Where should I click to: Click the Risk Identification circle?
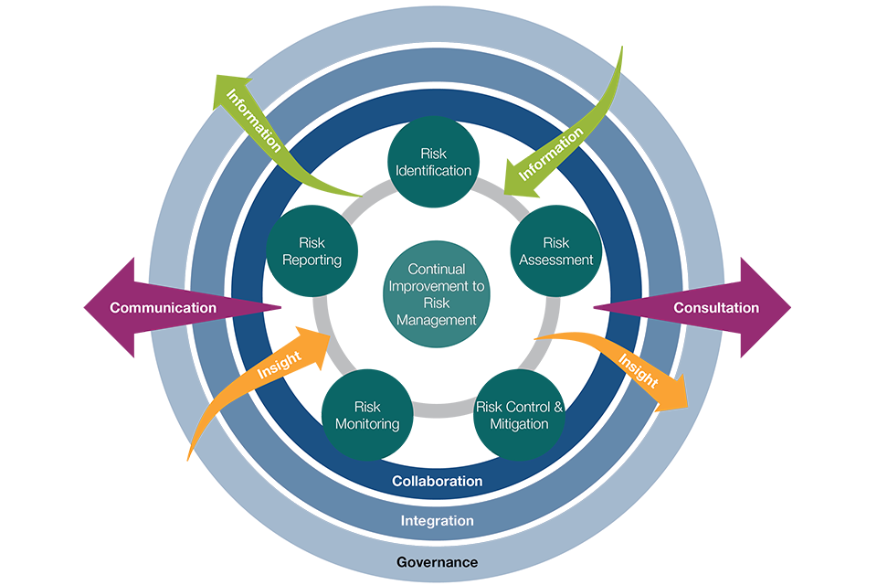[434, 161]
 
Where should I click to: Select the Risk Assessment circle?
[555, 250]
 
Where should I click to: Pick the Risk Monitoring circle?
[366, 414]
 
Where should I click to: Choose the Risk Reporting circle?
[312, 250]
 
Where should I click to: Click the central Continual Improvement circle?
[437, 294]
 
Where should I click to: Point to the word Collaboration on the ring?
[437, 481]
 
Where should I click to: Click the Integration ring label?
[437, 521]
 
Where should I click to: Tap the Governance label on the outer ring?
[437, 562]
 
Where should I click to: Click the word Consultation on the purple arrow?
[716, 307]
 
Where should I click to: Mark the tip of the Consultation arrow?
[790, 307]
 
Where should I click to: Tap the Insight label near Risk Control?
[638, 369]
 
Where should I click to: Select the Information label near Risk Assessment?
[551, 154]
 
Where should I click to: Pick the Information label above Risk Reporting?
[254, 119]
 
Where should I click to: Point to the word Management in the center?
[437, 320]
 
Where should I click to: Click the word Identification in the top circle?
[434, 170]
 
